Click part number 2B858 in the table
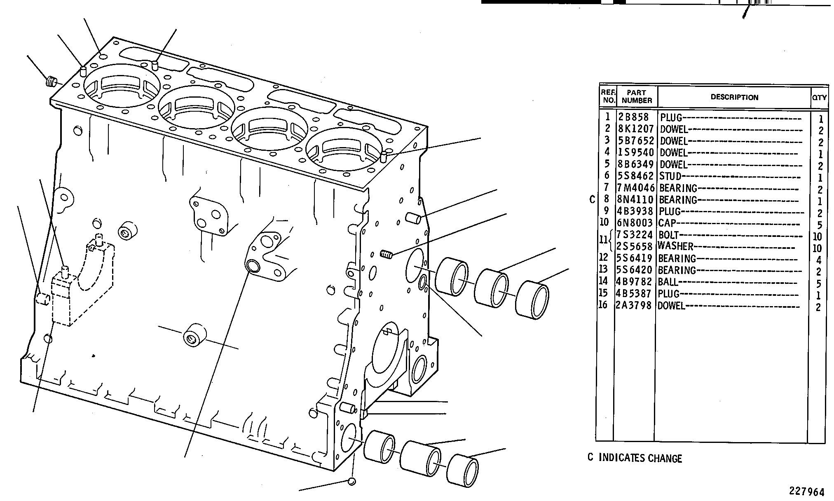click(x=633, y=117)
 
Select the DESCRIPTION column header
click(x=734, y=98)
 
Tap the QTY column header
click(x=819, y=98)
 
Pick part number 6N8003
click(x=635, y=223)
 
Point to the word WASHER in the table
click(x=675, y=246)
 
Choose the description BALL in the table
click(x=668, y=282)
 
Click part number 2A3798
click(x=635, y=306)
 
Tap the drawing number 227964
click(x=807, y=492)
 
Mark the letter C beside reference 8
click(x=592, y=200)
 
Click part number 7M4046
click(x=636, y=188)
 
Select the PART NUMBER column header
click(x=637, y=96)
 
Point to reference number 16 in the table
click(x=603, y=305)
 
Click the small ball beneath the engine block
click(x=351, y=481)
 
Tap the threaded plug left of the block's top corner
click(x=52, y=81)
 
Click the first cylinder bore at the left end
click(x=122, y=86)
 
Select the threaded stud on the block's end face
click(x=387, y=255)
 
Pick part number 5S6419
click(x=635, y=259)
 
